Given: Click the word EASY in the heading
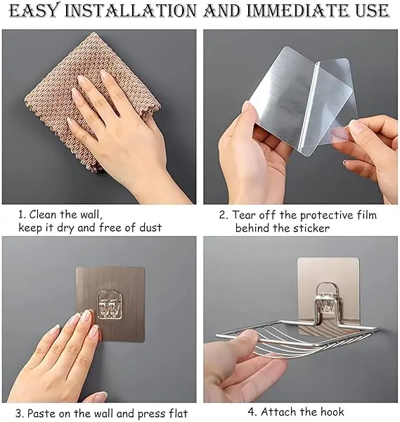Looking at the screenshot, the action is coord(34,11).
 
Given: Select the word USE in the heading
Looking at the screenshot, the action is coord(373,11).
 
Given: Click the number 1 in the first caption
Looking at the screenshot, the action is coord(21,215).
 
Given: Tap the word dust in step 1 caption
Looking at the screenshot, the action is coord(150,228).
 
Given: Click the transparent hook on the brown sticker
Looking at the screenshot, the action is coord(110,303).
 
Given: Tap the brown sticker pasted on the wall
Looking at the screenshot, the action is coord(110,304).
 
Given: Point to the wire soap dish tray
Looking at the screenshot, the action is coord(296,339).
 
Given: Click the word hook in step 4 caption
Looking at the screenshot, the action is coord(332,411).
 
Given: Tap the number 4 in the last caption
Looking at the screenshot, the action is coord(251,411).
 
